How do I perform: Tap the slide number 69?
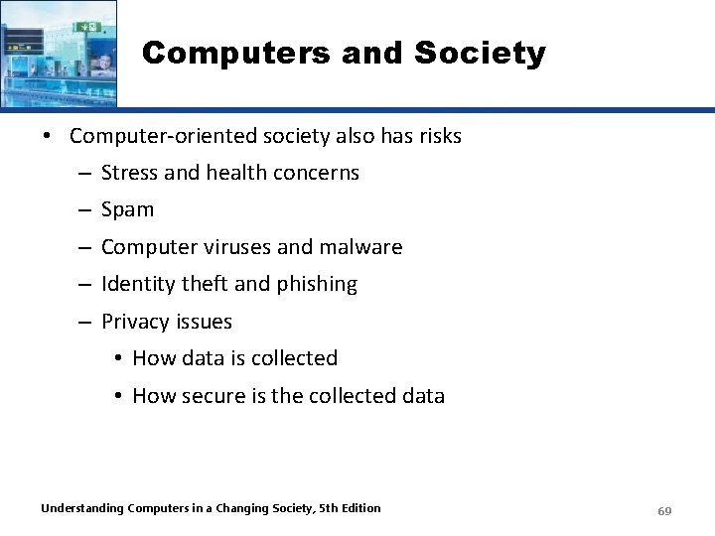(x=664, y=511)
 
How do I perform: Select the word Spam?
(x=128, y=209)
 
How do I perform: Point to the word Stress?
(x=129, y=173)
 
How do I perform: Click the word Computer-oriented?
(x=149, y=136)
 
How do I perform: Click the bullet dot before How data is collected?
(x=117, y=358)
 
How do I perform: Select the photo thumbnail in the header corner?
(x=58, y=53)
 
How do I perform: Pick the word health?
(x=237, y=173)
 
